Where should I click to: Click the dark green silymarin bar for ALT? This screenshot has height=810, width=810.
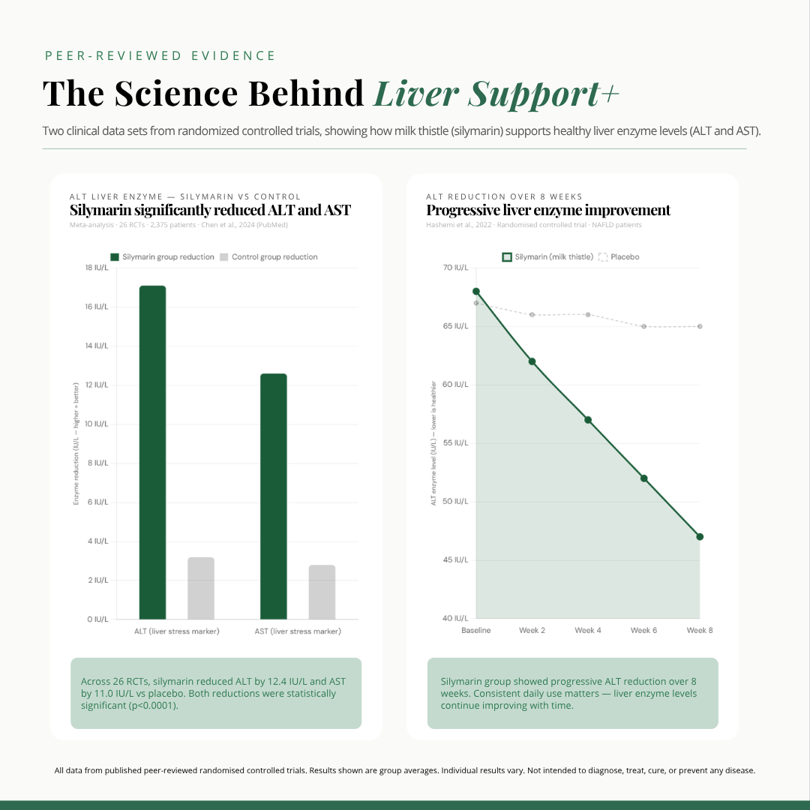pyautogui.click(x=152, y=452)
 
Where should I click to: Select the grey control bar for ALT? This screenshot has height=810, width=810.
pyautogui.click(x=201, y=588)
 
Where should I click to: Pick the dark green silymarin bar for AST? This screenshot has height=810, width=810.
pyautogui.click(x=273, y=496)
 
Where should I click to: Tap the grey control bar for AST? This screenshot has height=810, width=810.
pyautogui.click(x=322, y=592)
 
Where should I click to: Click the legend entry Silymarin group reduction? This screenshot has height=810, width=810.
pyautogui.click(x=162, y=257)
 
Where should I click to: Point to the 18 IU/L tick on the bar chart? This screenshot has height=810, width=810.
pyautogui.click(x=95, y=268)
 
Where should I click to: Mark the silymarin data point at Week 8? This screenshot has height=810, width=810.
pyautogui.click(x=700, y=537)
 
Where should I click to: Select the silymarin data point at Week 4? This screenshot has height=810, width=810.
pyautogui.click(x=588, y=420)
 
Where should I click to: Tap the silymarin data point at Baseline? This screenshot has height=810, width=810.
pyautogui.click(x=476, y=291)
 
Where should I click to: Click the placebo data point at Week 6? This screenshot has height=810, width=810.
pyautogui.click(x=643, y=326)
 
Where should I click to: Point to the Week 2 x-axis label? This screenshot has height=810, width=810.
pyautogui.click(x=532, y=631)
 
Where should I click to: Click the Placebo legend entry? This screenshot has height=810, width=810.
pyautogui.click(x=619, y=257)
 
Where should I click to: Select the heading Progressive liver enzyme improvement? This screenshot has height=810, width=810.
pyautogui.click(x=548, y=211)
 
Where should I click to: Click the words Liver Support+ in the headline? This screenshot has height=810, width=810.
pyautogui.click(x=496, y=94)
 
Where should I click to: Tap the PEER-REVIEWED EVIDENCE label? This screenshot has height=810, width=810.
pyautogui.click(x=160, y=56)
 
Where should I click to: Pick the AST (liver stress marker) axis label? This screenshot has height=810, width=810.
pyautogui.click(x=298, y=631)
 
